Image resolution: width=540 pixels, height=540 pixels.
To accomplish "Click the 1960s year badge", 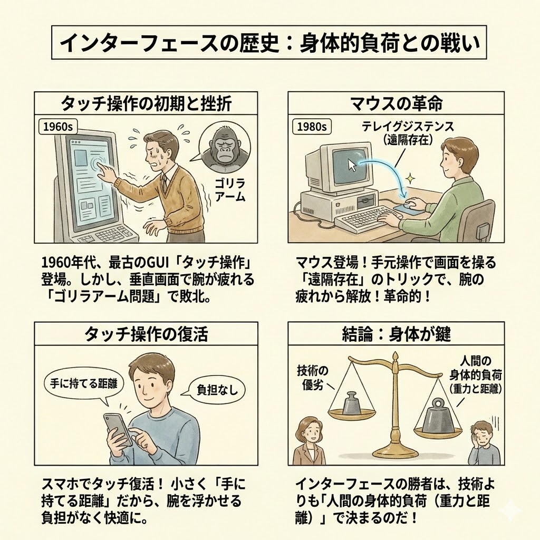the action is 57,127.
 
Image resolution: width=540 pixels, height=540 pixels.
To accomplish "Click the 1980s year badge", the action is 311,127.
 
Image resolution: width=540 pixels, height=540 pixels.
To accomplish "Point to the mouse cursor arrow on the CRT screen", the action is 352,165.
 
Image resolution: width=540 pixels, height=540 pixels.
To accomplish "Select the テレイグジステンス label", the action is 408,127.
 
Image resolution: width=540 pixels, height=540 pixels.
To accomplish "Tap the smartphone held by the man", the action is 117,429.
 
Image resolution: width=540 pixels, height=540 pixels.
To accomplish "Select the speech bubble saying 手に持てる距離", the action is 84,384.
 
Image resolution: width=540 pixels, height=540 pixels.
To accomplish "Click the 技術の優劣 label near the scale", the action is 312,378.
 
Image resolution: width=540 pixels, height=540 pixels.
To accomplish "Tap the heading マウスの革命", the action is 396,103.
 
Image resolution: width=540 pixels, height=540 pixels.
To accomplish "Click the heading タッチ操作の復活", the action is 146,334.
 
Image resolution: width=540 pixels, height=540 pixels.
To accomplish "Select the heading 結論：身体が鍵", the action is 396,334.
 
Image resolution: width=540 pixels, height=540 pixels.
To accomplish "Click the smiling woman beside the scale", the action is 309,441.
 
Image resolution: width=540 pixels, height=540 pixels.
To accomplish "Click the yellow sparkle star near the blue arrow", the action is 410,179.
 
